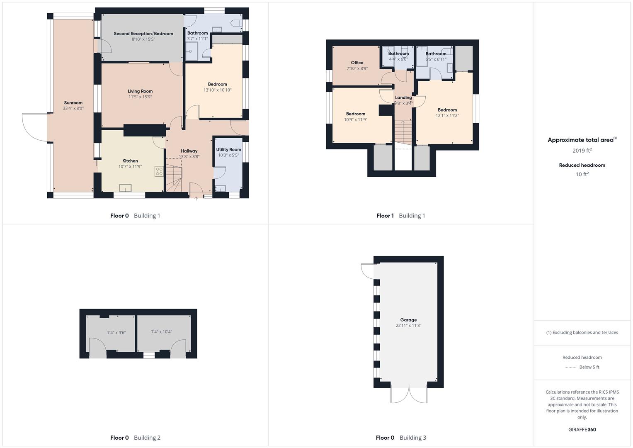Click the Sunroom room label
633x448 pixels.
click(x=73, y=103)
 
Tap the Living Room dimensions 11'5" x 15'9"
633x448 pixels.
click(x=140, y=97)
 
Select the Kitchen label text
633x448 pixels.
click(x=130, y=161)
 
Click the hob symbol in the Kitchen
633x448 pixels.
click(x=159, y=171)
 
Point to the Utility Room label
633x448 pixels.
click(x=228, y=150)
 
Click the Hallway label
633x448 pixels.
click(x=189, y=151)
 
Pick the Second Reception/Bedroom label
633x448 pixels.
click(x=143, y=34)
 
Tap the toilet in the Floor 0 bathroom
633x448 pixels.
click(x=237, y=23)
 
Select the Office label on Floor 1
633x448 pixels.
click(x=357, y=63)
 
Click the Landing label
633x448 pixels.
click(x=403, y=97)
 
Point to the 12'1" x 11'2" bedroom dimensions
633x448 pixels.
click(x=447, y=116)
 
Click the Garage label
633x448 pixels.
click(x=408, y=320)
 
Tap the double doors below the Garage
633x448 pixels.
click(x=409, y=394)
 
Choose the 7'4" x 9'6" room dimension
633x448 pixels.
click(x=116, y=333)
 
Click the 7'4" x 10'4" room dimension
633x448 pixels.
click(x=162, y=332)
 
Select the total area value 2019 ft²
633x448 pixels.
click(x=582, y=151)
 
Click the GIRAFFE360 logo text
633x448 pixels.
click(x=582, y=430)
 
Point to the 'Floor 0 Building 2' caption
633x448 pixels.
click(x=135, y=438)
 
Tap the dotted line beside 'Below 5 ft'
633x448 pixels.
click(x=571, y=367)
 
